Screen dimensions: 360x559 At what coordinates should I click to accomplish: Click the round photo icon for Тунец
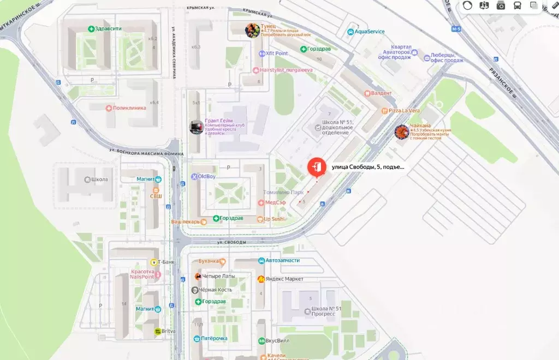coord(252,30)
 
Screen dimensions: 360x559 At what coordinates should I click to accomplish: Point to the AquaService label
coord(369,32)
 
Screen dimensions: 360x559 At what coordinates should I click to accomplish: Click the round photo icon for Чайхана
coord(402,131)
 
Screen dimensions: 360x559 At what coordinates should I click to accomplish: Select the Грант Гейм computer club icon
coord(197,127)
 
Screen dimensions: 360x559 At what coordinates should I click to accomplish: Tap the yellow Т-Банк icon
coord(154,262)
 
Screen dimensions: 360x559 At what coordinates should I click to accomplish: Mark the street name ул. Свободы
coord(231,242)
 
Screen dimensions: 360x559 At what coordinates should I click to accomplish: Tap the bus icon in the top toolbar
coord(517,5)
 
